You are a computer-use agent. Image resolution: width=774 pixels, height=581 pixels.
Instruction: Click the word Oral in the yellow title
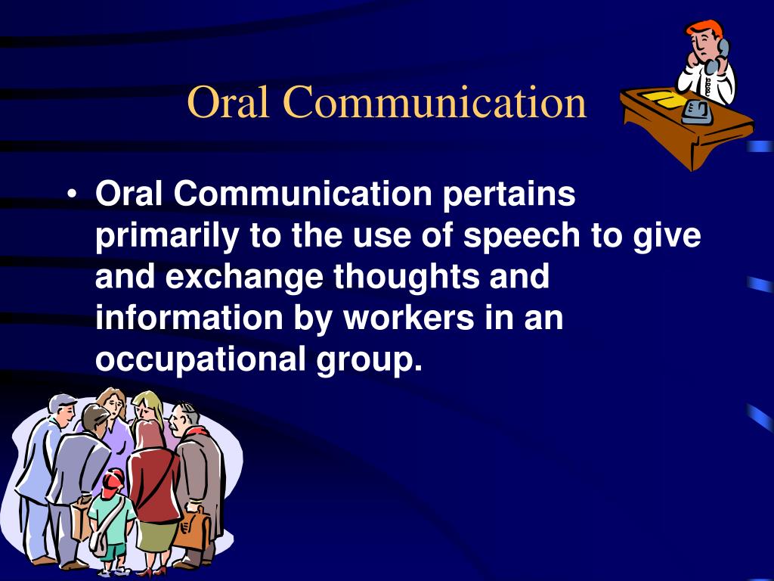[228, 101]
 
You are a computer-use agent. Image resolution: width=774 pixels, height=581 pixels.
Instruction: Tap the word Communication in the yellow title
[435, 101]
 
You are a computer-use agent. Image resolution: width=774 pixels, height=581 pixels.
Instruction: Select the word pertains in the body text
[509, 194]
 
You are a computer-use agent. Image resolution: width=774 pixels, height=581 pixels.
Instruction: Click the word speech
[522, 236]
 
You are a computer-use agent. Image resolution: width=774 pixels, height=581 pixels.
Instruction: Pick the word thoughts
[406, 277]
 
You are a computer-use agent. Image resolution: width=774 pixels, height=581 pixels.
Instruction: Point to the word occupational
[200, 359]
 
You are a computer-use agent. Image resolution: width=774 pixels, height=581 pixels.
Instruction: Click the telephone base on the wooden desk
[696, 112]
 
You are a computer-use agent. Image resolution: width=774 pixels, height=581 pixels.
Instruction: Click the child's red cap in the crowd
[113, 478]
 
